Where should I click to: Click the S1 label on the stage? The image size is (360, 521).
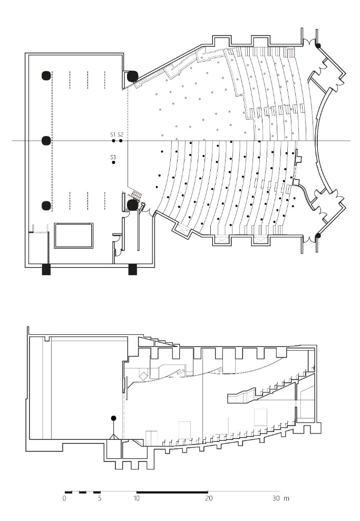coord(113,134)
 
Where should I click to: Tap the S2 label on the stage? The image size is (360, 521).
coord(121,134)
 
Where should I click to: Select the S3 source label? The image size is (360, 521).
coord(113,157)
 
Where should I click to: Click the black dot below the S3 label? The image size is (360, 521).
coord(113,162)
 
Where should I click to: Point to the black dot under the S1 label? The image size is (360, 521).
coord(113,141)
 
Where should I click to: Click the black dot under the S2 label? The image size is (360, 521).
coord(121,141)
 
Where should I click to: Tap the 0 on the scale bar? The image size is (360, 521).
coord(64,498)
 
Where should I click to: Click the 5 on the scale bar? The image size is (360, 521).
coord(100,498)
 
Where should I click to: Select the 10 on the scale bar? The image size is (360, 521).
coord(137,498)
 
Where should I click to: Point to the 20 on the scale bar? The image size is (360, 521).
coord(209,498)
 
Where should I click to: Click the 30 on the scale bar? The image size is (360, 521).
coord(276,498)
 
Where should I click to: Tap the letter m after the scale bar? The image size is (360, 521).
coord(287,499)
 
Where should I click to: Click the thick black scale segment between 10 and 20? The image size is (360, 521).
coord(172,491)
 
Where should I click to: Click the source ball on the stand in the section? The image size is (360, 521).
coord(113,418)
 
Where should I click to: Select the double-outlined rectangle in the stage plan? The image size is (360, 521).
coord(74,236)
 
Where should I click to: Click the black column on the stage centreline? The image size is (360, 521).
coord(46,141)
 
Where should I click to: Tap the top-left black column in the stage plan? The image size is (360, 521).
coord(46,76)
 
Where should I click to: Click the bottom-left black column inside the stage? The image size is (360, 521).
coord(46,206)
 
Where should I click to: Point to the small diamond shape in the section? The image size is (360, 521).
coord(143,376)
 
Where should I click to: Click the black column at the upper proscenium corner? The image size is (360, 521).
coord(133,76)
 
